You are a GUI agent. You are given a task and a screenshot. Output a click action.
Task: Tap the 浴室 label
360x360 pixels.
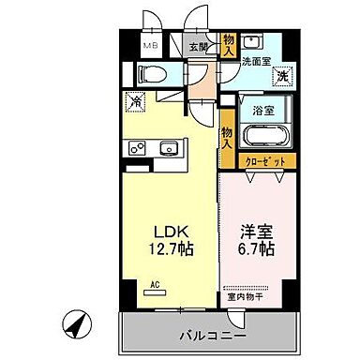pyautogui.click(x=263, y=111)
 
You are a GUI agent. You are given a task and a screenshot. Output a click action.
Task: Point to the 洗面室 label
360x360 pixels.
pyautogui.click(x=255, y=61)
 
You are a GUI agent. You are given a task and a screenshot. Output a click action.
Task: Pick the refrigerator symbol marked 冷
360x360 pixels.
pyautogui.click(x=136, y=100)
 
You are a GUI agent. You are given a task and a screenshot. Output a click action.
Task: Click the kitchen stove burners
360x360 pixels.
pyautogui.click(x=136, y=148)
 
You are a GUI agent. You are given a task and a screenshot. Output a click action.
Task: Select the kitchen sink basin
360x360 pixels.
pyautogui.click(x=170, y=148)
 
